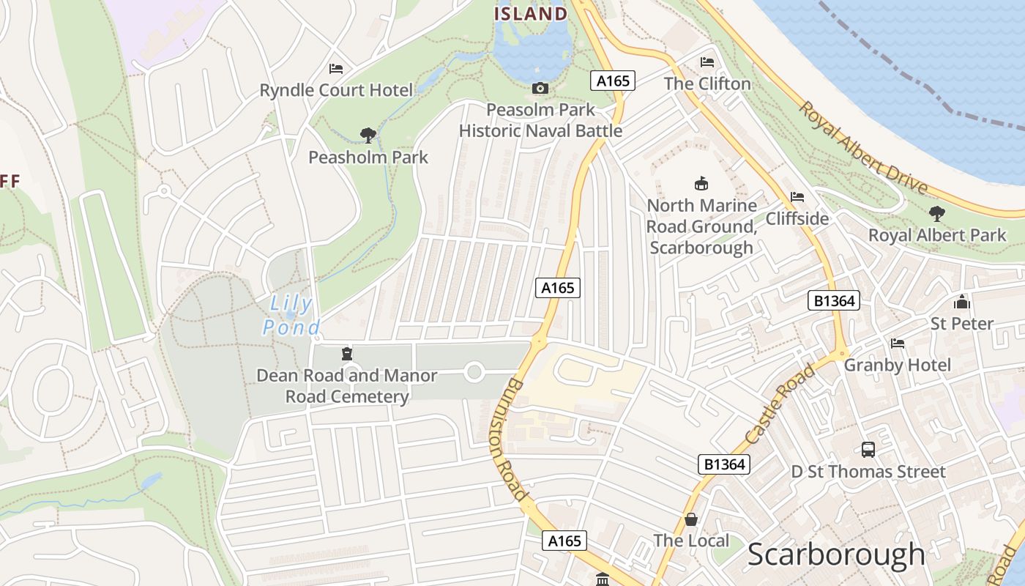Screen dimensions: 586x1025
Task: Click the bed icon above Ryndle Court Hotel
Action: point(336,69)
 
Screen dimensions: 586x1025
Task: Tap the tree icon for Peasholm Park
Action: point(368,135)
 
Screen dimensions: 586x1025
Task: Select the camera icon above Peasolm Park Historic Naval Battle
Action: point(540,89)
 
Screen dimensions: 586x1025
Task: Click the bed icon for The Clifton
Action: point(707,62)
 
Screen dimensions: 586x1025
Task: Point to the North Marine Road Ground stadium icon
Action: point(701,183)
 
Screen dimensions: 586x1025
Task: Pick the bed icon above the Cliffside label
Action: point(797,197)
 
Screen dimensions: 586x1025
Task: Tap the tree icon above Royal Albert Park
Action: point(936,214)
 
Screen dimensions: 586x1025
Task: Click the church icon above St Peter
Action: point(961,302)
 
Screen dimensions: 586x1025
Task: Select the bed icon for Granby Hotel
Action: point(898,344)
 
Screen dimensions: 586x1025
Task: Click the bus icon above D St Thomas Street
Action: point(868,450)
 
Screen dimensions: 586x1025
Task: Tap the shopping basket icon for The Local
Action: point(690,519)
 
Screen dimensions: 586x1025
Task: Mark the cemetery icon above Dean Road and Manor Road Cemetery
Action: point(347,354)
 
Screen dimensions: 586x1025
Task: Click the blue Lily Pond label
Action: point(291,315)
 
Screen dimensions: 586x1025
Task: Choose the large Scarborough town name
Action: point(836,555)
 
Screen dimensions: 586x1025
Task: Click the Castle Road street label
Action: point(780,405)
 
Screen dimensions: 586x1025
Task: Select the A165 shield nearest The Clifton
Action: point(613,81)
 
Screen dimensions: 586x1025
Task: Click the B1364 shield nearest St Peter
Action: point(833,300)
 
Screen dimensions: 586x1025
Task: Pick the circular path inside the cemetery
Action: point(474,373)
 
